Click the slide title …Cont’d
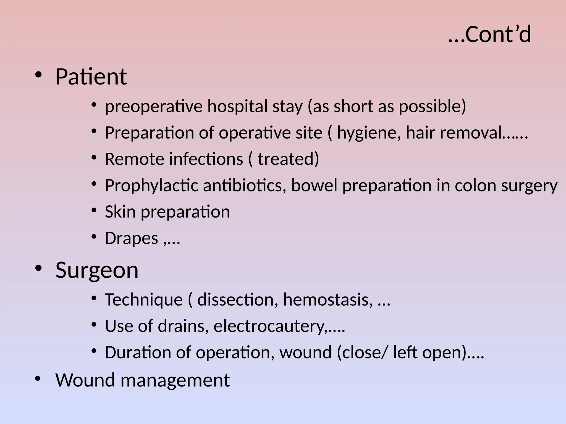tap(489, 35)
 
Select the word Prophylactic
tap(151, 185)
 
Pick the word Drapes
tap(131, 238)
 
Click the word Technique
tap(144, 300)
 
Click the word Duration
tap(148, 353)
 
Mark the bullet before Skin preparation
tap(94, 210)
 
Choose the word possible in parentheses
tap(432, 106)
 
